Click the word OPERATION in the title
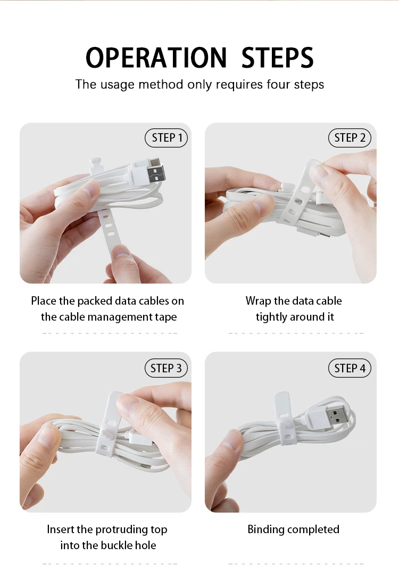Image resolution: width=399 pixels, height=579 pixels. [x=156, y=58]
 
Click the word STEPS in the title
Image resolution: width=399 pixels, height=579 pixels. [x=277, y=58]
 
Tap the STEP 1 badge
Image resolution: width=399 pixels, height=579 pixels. [x=167, y=138]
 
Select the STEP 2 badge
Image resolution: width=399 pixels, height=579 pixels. [x=350, y=138]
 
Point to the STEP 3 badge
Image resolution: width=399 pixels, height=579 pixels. [x=167, y=368]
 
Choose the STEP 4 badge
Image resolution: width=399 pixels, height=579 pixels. [x=350, y=368]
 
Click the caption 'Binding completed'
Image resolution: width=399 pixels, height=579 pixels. [x=293, y=529]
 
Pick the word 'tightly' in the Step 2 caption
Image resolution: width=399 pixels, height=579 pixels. [x=272, y=317]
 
